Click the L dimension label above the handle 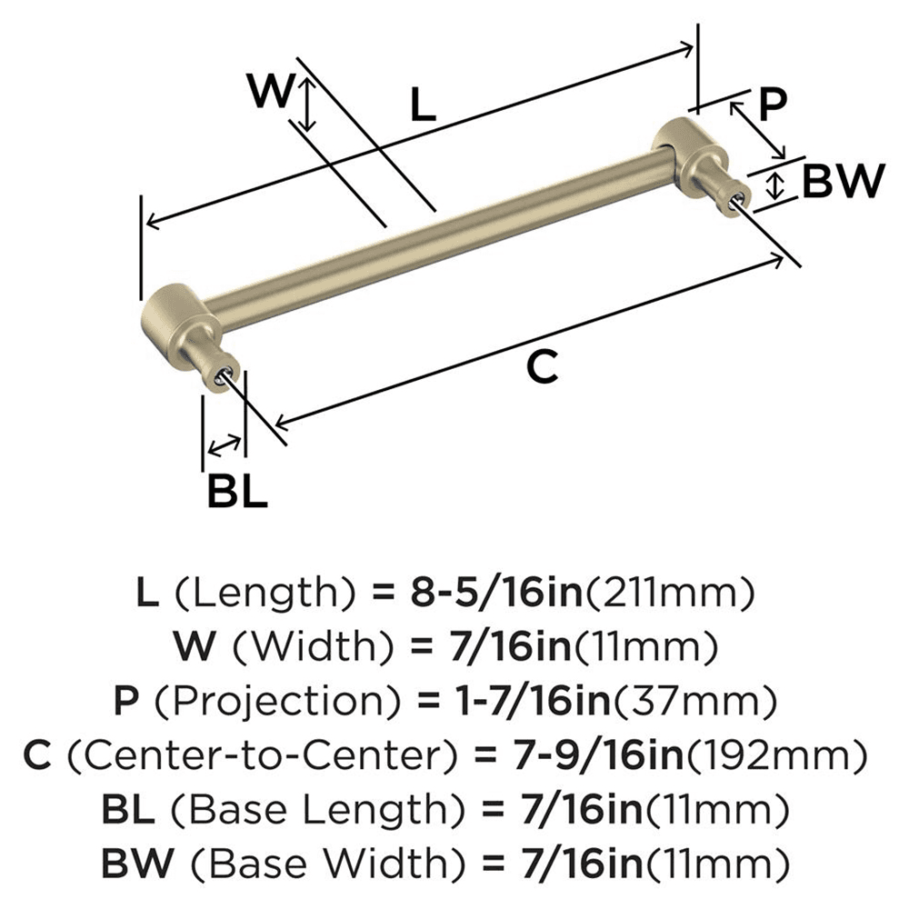tap(423, 106)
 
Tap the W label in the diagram tap(271, 92)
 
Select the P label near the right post tap(771, 105)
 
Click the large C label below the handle tap(542, 367)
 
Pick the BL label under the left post tap(236, 492)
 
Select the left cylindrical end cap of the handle tap(176, 315)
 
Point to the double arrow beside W tap(309, 103)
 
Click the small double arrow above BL tap(225, 445)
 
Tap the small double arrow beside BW tap(774, 185)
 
